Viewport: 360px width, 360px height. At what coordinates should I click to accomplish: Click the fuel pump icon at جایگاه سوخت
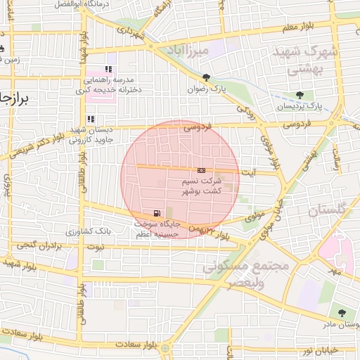coord(155,213)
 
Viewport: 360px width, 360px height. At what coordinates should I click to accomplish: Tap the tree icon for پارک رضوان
coord(206,77)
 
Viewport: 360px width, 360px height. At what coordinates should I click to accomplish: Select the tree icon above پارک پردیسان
coord(301,95)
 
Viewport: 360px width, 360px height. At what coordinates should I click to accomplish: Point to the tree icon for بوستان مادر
coord(342,313)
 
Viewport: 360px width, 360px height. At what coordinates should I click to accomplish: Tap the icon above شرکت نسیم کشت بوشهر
coord(202,170)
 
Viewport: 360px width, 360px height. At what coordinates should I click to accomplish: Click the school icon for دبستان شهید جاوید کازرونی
coord(90,119)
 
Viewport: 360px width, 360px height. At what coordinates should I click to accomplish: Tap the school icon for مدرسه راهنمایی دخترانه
coord(108,69)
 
